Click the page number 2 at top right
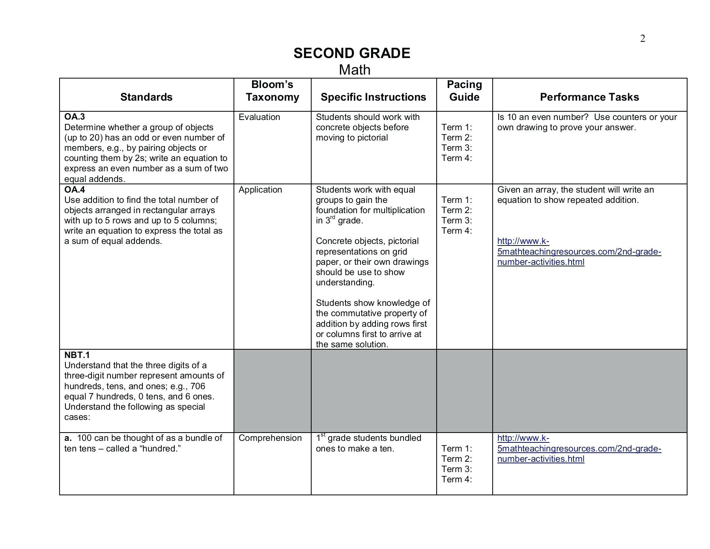coord(643,39)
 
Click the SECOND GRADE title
coord(352,53)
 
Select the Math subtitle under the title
coord(355,70)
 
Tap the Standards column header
coord(146,97)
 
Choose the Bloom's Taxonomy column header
coord(272,91)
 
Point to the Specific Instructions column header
coord(373,97)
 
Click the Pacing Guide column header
coord(464,91)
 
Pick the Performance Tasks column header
coord(589,97)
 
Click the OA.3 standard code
coord(75,117)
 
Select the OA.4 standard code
coord(75,189)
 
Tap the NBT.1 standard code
coord(77,355)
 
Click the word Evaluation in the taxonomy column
coord(259,117)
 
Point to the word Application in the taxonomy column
coord(260,190)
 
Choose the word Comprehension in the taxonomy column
coord(270,438)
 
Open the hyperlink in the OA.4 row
coord(579,251)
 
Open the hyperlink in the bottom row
coord(579,448)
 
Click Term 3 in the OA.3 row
coord(456,148)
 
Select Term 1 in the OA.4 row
coord(456,200)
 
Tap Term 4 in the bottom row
coord(456,480)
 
